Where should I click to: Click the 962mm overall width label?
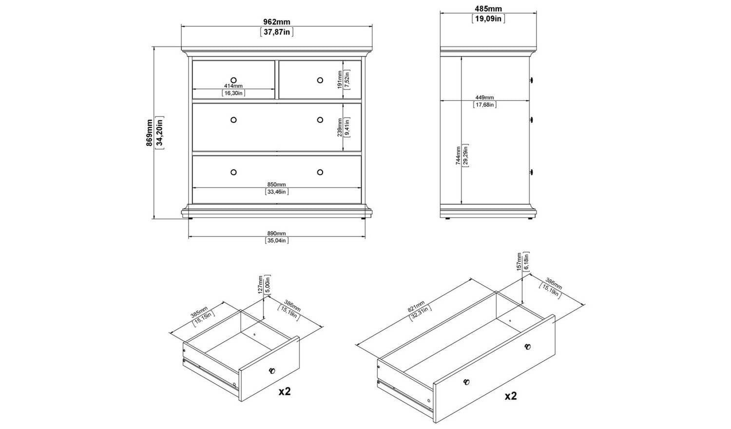coord(277,22)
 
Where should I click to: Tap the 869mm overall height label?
coord(150,133)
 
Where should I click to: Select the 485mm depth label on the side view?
coord(488,8)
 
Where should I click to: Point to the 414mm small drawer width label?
coord(233,86)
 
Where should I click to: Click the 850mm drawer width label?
coord(276,185)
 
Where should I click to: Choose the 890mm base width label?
coord(276,234)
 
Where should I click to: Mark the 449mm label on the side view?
coord(484,97)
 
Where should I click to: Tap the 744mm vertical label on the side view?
coord(459,156)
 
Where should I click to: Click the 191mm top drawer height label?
coord(340,79)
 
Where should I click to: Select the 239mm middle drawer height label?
coord(340,127)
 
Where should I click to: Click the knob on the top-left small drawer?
coord(233,80)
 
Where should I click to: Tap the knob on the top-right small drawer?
coord(320,80)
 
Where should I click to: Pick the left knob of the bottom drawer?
coord(233,172)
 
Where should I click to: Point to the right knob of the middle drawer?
coord(320,120)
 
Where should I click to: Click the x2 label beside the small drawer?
coord(284,391)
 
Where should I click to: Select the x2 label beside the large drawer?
coord(511,396)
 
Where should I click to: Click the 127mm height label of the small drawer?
coord(260,284)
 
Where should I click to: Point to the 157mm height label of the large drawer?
coord(519,261)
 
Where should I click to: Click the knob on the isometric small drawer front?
coord(272,370)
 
